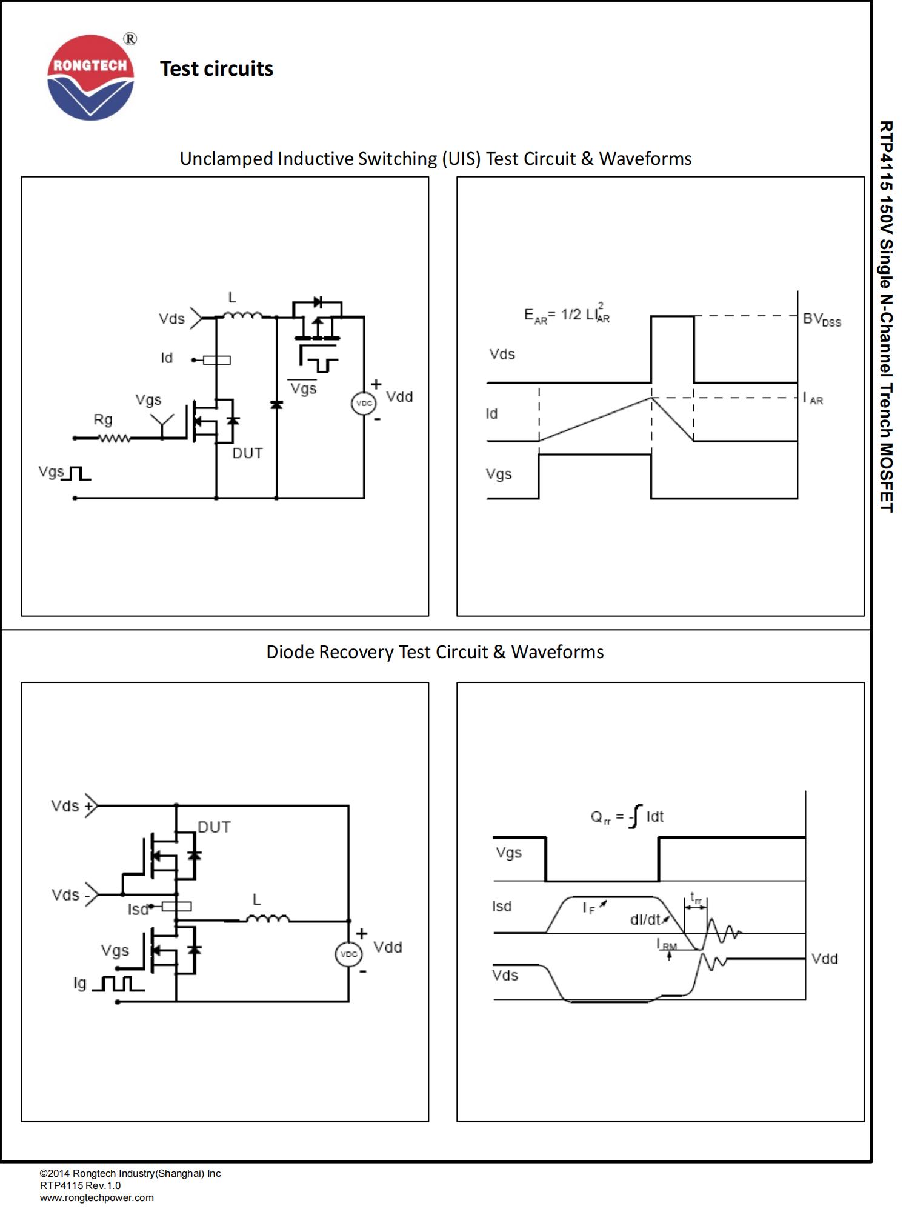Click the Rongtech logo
coord(91,78)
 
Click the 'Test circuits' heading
coord(216,68)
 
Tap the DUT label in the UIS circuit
coord(247,453)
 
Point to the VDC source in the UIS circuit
coord(364,403)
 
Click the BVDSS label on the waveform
coord(821,319)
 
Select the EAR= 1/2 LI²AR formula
coord(567,315)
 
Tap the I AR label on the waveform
coord(813,398)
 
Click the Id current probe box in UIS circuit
coord(216,360)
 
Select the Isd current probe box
coord(176,907)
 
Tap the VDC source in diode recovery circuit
coord(348,954)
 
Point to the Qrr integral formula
coord(627,817)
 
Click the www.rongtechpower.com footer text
coord(97,1197)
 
